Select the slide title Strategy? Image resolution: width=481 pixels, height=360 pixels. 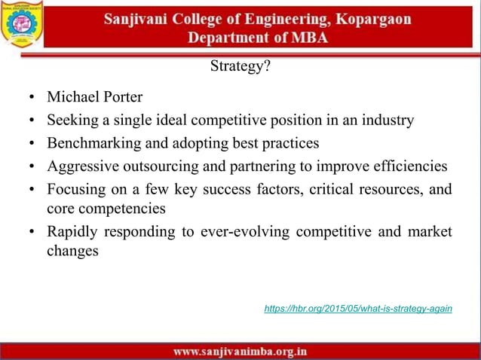click(240, 67)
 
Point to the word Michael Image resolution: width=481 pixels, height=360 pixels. click(73, 98)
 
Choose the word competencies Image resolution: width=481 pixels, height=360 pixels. click(121, 206)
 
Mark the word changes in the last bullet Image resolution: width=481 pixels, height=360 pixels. click(72, 251)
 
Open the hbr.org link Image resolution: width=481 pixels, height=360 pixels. click(358, 309)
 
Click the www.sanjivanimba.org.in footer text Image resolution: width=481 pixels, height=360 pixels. click(240, 351)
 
